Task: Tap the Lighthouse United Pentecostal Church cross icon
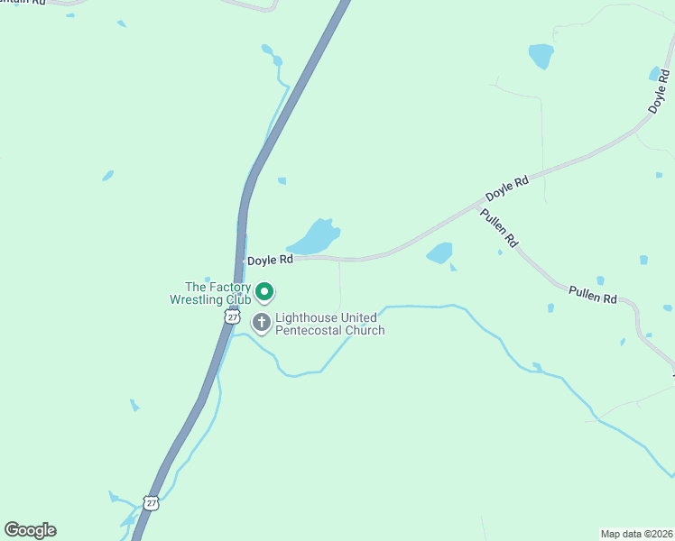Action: point(262,323)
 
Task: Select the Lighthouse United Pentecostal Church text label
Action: point(329,324)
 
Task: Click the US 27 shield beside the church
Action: point(233,316)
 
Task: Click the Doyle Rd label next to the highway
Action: point(271,260)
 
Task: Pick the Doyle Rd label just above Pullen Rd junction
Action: point(506,190)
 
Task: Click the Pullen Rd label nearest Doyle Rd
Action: point(499,228)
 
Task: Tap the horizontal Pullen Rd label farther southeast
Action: point(592,293)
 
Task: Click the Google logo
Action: point(30,530)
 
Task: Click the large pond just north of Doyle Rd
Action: point(314,237)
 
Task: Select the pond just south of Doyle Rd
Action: point(439,253)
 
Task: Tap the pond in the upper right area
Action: point(541,56)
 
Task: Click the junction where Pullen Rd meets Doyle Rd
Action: point(478,206)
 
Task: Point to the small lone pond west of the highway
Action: point(108,175)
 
